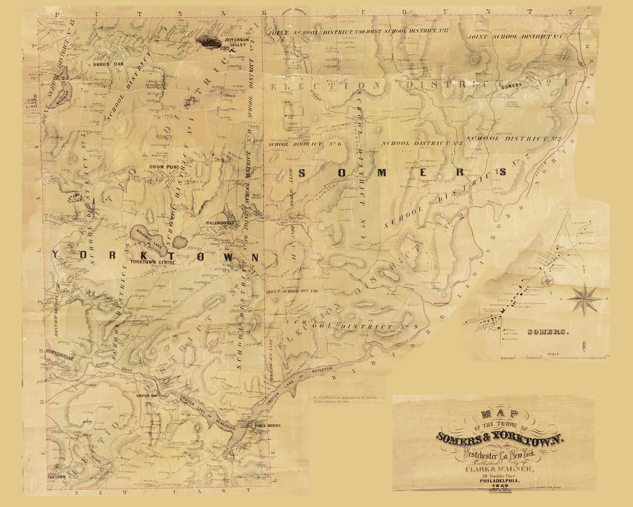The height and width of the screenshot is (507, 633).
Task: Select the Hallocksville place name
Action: [220, 224]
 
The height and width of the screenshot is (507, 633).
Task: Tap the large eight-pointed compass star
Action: [584, 299]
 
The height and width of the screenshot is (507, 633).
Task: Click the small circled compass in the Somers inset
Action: [547, 280]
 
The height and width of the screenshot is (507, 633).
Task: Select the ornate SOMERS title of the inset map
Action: [548, 332]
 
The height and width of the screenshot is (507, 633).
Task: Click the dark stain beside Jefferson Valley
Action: [209, 40]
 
